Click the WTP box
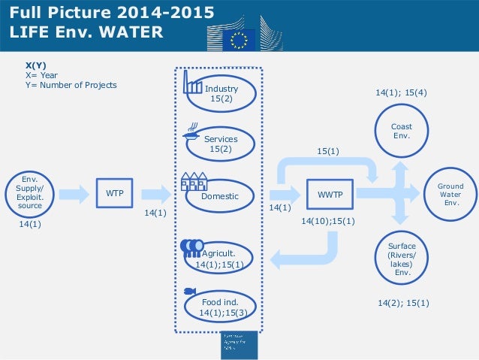[x=115, y=194]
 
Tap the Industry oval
[x=221, y=93]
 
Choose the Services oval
[x=221, y=144]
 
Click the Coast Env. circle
[x=401, y=131]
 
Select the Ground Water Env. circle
[x=451, y=194]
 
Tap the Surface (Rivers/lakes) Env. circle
[x=401, y=259]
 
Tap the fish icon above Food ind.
[x=189, y=291]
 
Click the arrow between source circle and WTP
[x=74, y=194]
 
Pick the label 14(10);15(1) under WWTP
[x=328, y=222]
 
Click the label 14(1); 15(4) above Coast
[x=401, y=93]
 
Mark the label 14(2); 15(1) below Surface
[x=403, y=303]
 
